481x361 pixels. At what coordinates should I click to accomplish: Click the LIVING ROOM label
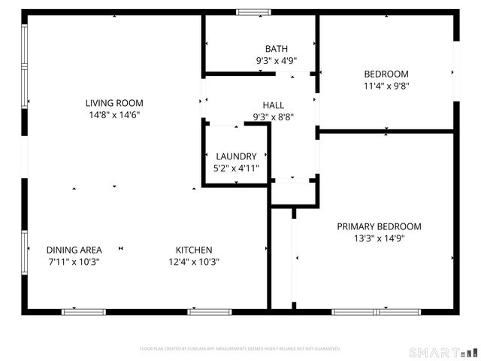[x=114, y=103]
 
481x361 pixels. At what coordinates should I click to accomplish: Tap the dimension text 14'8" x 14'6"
[x=114, y=115]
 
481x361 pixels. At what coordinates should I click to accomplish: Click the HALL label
[x=274, y=105]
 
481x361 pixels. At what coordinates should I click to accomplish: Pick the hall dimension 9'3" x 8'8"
[x=274, y=117]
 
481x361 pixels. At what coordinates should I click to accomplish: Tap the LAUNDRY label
[x=237, y=156]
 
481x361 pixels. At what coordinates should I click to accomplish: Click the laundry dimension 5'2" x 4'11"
[x=237, y=168]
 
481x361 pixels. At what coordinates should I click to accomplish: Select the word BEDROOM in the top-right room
[x=386, y=74]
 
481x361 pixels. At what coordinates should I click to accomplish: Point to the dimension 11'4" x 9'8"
[x=386, y=86]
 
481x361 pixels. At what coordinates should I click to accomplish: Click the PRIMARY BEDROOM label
[x=379, y=226]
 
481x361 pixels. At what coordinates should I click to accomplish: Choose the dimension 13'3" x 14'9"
[x=379, y=238]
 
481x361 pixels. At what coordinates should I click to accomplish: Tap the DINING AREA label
[x=74, y=250]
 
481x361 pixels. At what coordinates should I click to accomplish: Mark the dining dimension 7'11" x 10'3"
[x=74, y=262]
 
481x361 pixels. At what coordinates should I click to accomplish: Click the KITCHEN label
[x=194, y=250]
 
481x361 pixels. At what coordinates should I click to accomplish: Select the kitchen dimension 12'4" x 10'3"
[x=194, y=262]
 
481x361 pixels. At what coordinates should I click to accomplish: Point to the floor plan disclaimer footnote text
[x=240, y=349]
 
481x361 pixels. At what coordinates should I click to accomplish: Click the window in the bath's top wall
[x=253, y=12]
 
